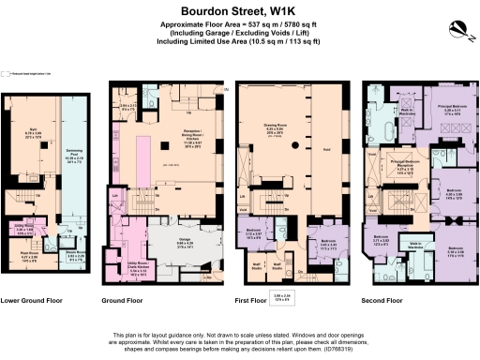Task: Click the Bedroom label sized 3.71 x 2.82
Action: tap(381, 238)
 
